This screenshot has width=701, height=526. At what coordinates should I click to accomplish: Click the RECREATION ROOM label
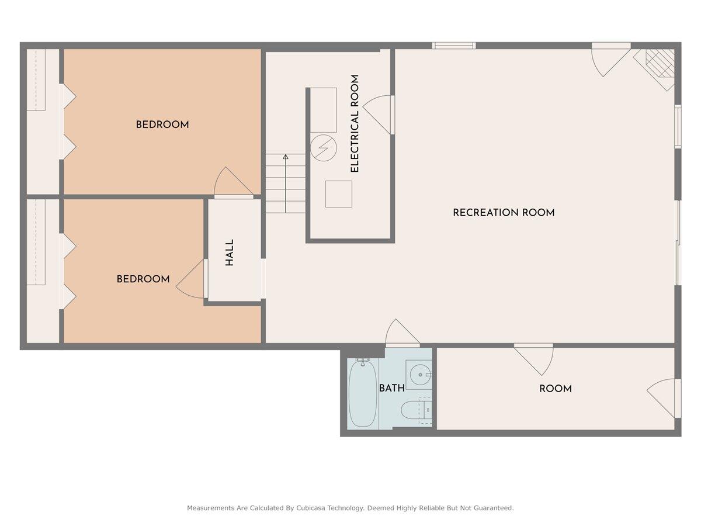tap(504, 213)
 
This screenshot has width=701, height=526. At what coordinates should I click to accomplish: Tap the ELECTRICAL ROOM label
tap(355, 123)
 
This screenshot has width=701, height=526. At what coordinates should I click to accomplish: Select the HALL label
tap(230, 252)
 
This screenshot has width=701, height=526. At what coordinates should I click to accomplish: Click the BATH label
tap(391, 389)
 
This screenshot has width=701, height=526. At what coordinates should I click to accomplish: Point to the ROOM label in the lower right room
tap(555, 389)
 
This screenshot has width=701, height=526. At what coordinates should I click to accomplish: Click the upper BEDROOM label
tap(162, 124)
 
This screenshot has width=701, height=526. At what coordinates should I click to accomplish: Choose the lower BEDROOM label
tap(143, 279)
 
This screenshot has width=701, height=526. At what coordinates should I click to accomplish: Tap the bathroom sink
tap(418, 373)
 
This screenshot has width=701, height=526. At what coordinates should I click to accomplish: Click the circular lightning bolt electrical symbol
tap(323, 148)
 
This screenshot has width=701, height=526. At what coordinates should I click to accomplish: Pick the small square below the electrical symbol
tap(339, 194)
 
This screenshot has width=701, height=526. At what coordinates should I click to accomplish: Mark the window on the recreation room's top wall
tap(454, 46)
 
